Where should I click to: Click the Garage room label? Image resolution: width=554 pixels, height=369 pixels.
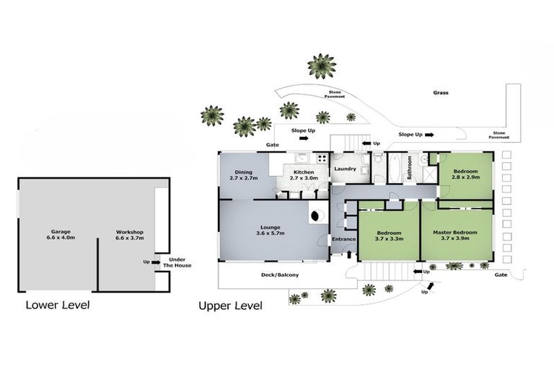pos(61,235)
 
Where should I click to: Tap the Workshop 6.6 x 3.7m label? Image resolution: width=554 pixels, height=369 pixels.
pos(130,235)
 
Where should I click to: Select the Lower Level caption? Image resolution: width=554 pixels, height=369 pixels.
pos(58,305)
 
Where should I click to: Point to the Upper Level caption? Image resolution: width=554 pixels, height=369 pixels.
pos(230,306)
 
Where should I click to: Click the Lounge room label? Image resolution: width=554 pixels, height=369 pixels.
pos(271,230)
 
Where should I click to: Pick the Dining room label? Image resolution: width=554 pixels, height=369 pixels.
pos(244,175)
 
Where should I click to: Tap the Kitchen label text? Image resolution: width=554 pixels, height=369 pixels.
pos(304,175)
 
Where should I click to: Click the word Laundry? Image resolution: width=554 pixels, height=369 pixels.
pos(346,169)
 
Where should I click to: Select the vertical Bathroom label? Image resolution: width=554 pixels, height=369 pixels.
pos(410,168)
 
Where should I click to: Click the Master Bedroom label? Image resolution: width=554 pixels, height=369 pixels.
pos(455,235)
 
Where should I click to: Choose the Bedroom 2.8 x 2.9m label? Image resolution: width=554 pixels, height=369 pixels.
pos(466,174)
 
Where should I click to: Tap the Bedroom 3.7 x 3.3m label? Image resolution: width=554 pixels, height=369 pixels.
pos(390,236)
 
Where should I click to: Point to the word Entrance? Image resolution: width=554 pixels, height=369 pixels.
pos(344,239)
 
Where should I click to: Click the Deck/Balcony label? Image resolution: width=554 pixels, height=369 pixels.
pos(280,275)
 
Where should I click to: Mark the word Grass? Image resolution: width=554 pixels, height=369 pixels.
pos(441,92)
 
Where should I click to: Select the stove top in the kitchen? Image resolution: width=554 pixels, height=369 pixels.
pos(322,158)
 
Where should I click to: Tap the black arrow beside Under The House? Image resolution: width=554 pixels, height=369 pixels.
pos(156,262)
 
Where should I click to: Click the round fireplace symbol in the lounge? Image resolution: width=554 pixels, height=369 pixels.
pos(316,215)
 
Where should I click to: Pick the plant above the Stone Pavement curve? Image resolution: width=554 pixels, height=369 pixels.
pos(322,66)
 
